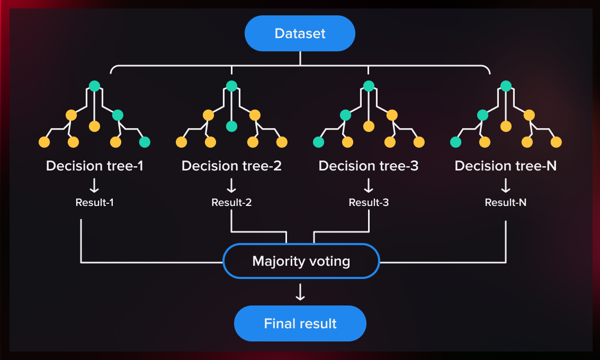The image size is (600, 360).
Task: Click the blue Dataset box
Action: pos(300,33)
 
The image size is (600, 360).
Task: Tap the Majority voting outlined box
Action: pos(301,261)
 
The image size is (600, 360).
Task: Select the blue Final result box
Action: pos(300,323)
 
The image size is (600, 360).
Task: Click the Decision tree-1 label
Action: pos(95,166)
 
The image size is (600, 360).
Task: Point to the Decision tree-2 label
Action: pos(231,166)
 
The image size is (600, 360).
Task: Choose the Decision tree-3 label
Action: pos(369,166)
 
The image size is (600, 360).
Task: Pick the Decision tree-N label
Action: pos(506,166)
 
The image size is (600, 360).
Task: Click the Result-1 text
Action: pos(95,202)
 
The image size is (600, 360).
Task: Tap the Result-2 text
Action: pos(231,202)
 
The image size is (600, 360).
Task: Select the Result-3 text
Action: pos(369,202)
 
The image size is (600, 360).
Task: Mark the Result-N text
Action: pos(506,202)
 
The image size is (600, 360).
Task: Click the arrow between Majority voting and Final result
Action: pos(300,292)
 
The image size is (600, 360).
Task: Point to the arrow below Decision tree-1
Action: pos(95,185)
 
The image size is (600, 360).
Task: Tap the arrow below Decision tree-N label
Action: pos(506,185)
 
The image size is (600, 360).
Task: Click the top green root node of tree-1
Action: pos(94,86)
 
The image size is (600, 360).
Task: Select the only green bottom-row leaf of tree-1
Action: pos(145,142)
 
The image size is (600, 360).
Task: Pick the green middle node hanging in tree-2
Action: pos(231,126)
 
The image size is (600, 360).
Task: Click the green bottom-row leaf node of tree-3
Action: pos(318,142)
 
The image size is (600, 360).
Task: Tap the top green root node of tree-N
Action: pos(506,86)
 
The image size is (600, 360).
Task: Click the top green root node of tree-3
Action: pos(369,86)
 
